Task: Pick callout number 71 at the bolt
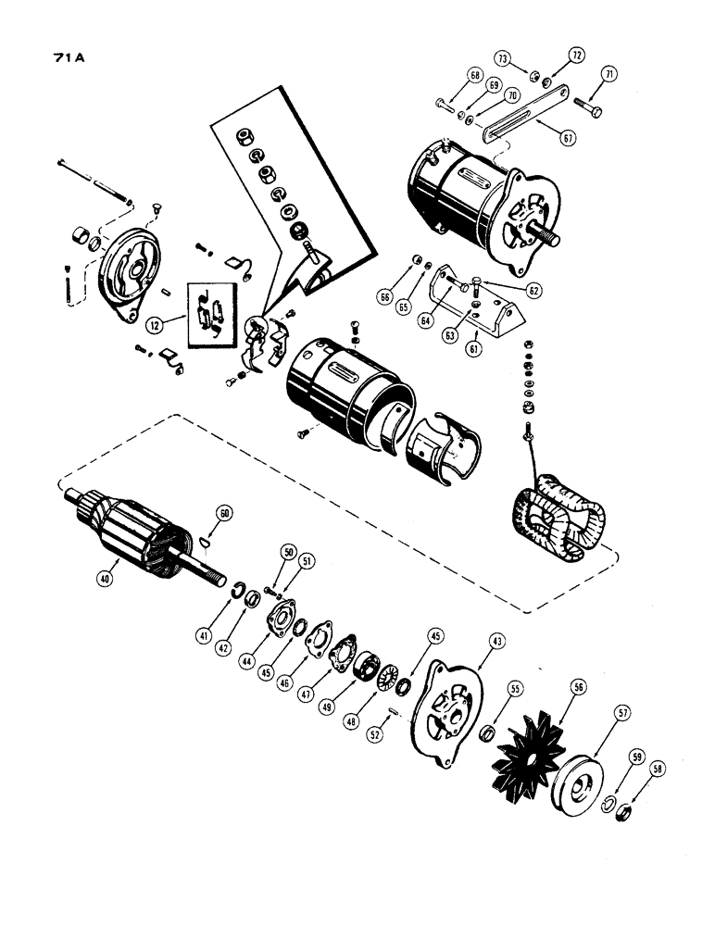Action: (609, 74)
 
